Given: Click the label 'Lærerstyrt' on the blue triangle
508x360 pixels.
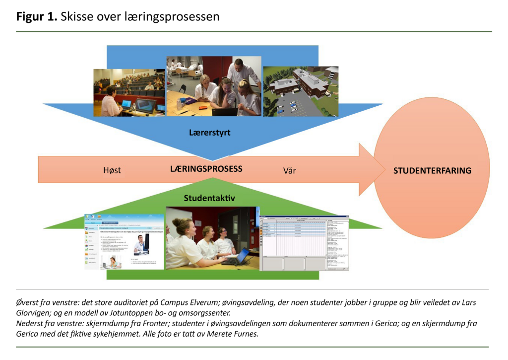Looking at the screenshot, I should click(209, 133).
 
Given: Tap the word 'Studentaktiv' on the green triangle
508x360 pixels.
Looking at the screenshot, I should click(209, 199).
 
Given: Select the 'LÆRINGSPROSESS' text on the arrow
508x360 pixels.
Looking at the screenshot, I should click(206, 169).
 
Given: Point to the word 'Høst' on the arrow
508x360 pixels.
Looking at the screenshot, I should click(112, 170).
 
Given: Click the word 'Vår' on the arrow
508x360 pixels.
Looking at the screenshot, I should click(289, 170).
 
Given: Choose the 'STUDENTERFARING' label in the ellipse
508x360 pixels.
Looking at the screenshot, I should click(432, 171).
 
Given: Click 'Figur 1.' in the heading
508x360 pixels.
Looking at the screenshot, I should click(36, 16).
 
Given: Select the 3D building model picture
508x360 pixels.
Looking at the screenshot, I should click(300, 91).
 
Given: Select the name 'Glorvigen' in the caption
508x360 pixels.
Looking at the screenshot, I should click(35, 313).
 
